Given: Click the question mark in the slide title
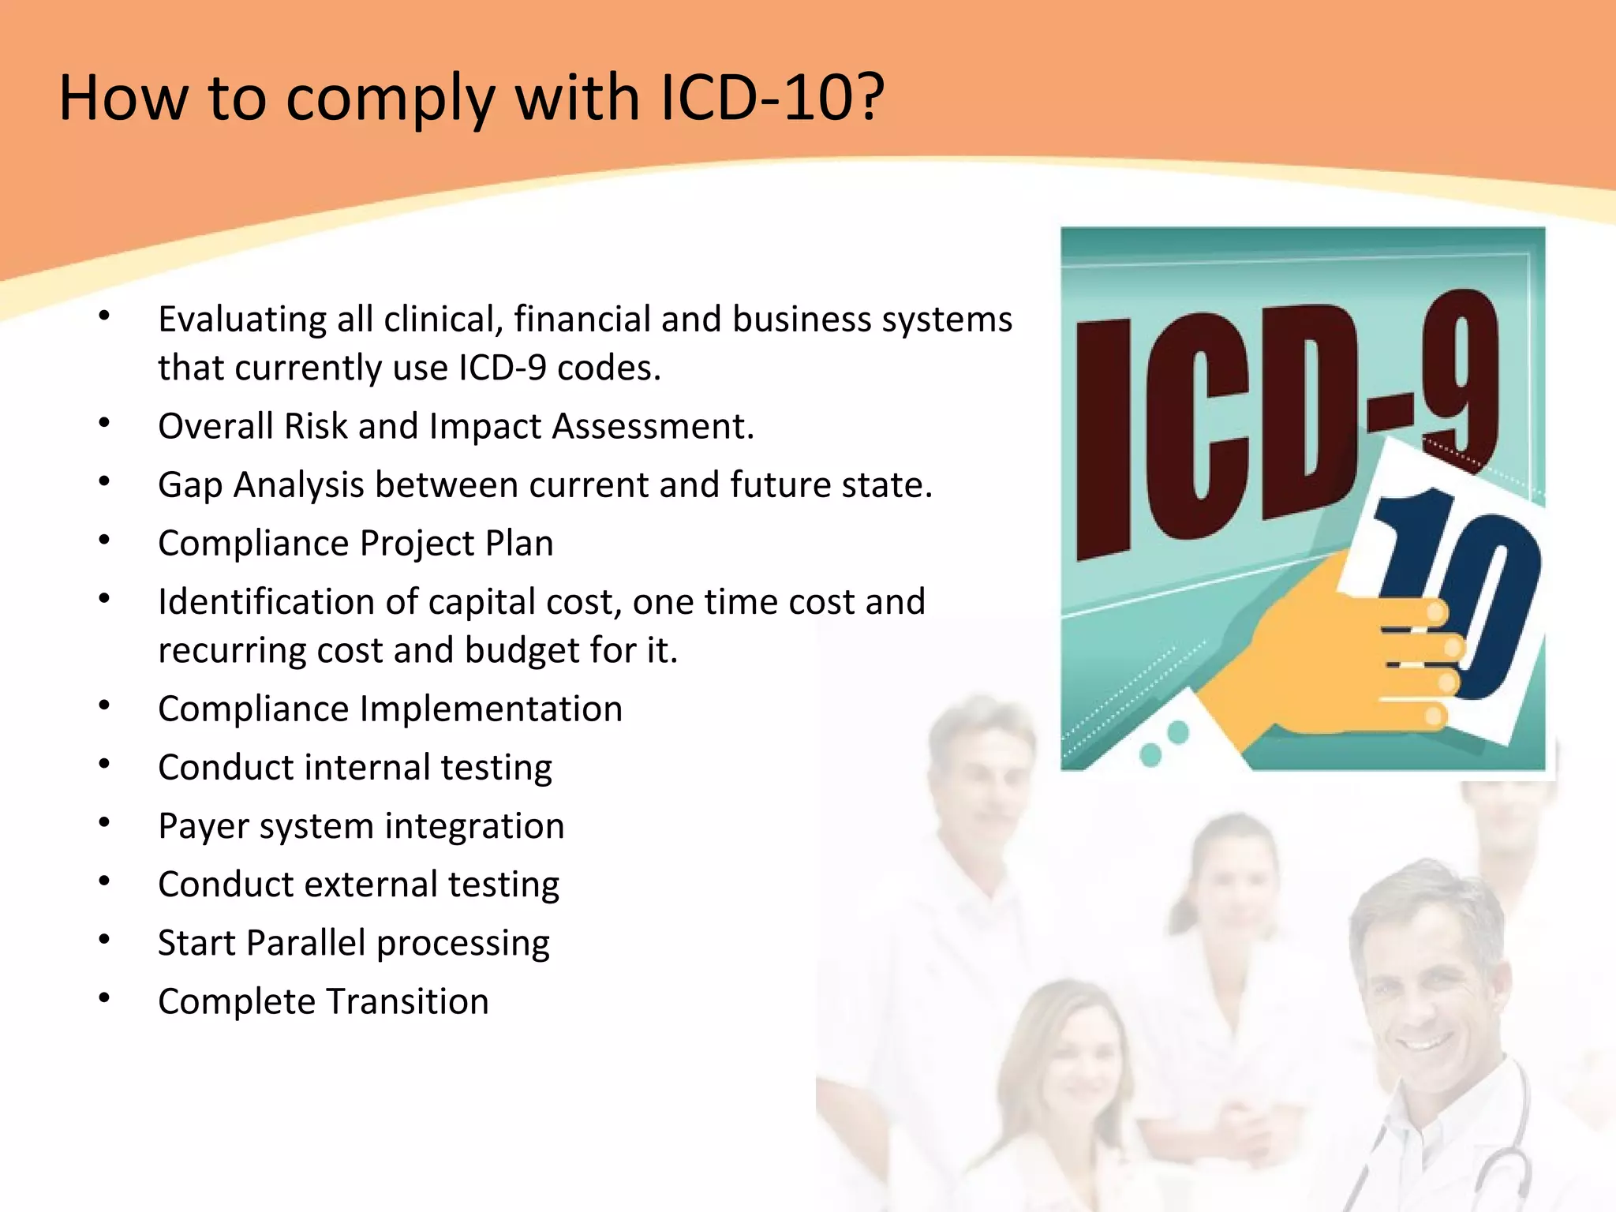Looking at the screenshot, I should (x=869, y=97).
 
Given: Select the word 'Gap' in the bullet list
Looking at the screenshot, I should (x=189, y=485).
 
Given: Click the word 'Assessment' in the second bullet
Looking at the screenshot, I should (x=652, y=426).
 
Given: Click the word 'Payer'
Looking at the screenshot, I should (x=203, y=827).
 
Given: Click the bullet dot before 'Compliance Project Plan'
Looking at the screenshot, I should (x=104, y=541).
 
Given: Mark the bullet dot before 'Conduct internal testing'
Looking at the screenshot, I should (x=104, y=765).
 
